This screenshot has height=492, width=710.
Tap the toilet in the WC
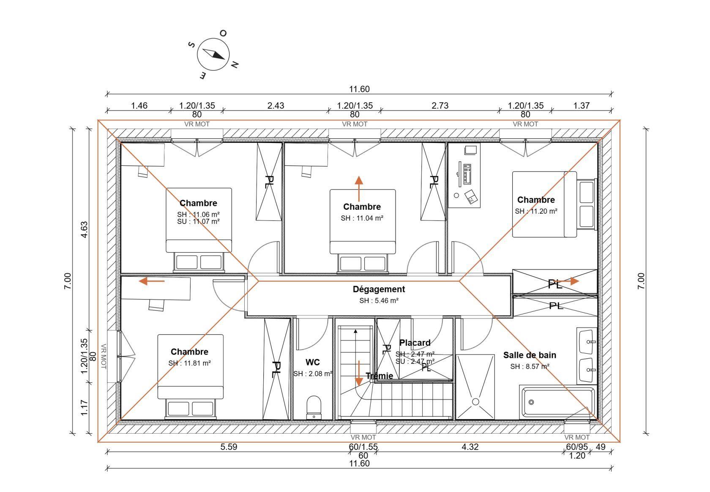[314, 407]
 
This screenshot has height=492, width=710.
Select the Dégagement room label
[379, 289]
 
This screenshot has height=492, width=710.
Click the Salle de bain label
[530, 355]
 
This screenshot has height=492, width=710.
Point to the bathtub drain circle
[531, 402]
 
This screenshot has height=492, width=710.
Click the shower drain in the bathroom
[475, 401]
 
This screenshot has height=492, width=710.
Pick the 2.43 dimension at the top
[276, 105]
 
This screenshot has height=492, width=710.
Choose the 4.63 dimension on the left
[84, 229]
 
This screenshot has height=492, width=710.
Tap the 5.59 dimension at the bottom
[229, 447]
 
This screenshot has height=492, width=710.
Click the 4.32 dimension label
[470, 447]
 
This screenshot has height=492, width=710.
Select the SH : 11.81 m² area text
[189, 363]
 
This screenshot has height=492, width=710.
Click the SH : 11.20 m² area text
[536, 211]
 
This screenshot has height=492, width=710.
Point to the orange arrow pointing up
[359, 189]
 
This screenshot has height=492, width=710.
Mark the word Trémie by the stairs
[380, 376]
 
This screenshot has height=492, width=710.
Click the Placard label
[415, 343]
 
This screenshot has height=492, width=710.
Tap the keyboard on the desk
[467, 174]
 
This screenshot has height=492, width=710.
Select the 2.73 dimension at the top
[440, 105]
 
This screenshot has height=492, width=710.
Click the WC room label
[313, 362]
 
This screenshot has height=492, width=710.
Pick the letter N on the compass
[235, 65]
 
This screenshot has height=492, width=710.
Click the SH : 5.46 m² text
[379, 300]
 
